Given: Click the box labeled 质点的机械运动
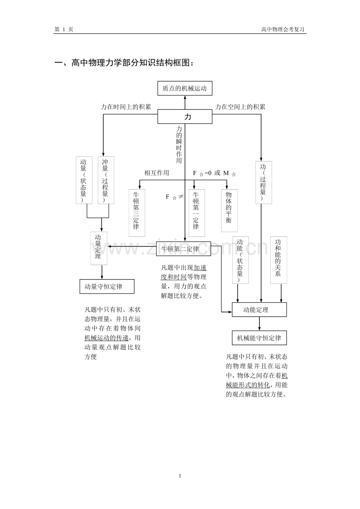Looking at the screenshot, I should [185, 88].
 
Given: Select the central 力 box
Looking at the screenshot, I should [185, 116].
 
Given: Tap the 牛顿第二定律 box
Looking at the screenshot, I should [183, 249].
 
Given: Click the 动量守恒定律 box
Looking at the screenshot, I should [107, 287].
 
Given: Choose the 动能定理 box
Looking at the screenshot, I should [259, 310].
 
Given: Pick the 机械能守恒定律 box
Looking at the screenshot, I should [259, 338].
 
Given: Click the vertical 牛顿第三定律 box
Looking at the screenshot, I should [137, 213].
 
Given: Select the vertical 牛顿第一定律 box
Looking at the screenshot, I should [196, 213].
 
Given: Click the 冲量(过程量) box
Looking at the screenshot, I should [106, 180].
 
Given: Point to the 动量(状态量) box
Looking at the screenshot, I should [84, 180].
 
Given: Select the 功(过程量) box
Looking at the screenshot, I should [263, 182].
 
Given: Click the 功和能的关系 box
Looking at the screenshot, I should [278, 260].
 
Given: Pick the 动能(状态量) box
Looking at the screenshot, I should [240, 260].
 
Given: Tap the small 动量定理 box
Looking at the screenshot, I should [99, 248].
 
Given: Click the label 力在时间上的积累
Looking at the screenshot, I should [126, 107].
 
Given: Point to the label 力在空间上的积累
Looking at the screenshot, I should [240, 107].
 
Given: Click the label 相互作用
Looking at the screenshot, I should [157, 173].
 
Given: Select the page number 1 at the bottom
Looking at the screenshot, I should [180, 476].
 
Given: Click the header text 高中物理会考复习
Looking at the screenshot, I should [283, 29].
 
